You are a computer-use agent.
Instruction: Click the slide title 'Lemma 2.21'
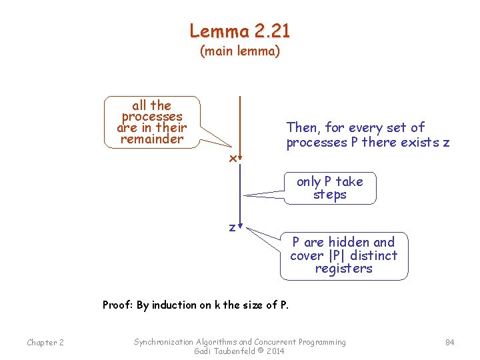coord(240,31)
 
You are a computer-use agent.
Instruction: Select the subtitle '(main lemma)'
coord(240,51)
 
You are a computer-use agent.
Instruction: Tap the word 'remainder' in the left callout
coord(151,139)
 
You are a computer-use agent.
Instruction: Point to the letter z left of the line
coord(232,227)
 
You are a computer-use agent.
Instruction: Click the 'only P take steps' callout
coord(330,188)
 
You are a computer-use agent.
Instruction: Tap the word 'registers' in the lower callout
coord(343,269)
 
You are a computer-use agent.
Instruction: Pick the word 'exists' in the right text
coord(419,143)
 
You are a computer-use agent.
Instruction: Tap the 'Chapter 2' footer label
coord(45,343)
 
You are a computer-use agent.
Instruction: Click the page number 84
coord(449,343)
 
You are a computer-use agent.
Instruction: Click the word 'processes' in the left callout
coord(152,117)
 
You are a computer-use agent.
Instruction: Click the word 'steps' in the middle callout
coord(330,195)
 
